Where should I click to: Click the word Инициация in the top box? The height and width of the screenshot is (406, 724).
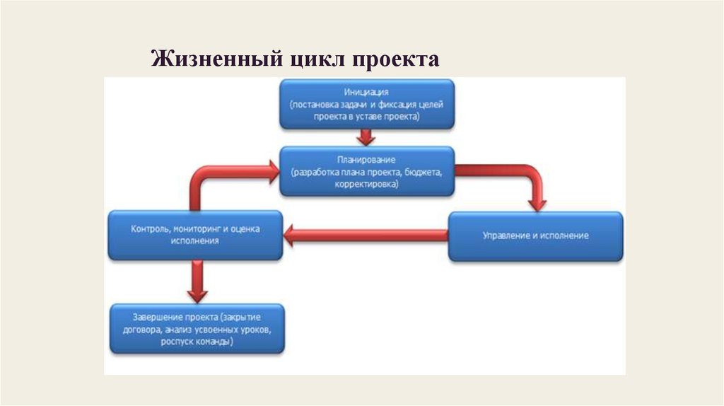coord(366,92)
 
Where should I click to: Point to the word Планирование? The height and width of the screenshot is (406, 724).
coord(366,161)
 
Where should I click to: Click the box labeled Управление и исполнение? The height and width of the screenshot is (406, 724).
coord(536,236)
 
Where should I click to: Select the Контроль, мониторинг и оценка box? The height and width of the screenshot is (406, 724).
coord(194,235)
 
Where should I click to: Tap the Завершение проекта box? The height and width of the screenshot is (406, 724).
coord(197,328)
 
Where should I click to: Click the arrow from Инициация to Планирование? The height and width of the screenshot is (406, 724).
coord(366,137)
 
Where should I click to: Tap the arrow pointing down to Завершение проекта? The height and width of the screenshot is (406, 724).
coord(197,281)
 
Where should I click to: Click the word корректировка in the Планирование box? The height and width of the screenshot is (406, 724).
coord(366,184)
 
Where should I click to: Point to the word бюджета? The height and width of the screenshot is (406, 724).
coord(424,172)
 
